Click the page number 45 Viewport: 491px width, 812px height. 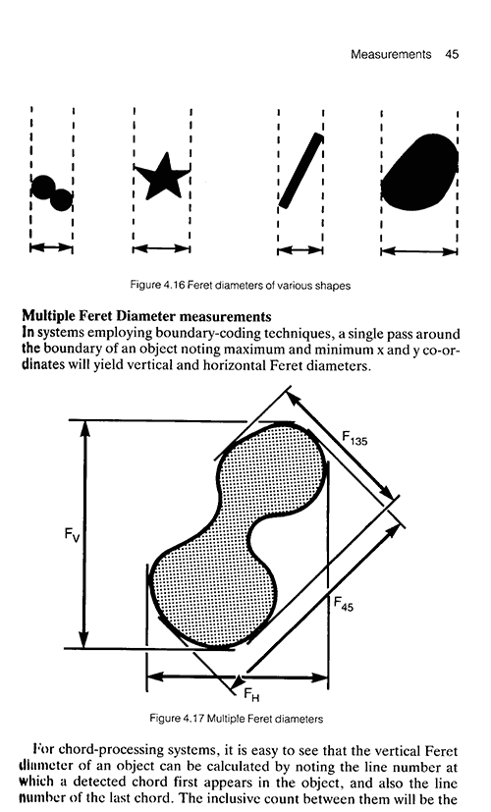[x=451, y=54]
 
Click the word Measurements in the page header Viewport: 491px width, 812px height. [x=391, y=54]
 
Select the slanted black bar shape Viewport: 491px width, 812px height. [x=300, y=171]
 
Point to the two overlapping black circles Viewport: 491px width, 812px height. [x=51, y=193]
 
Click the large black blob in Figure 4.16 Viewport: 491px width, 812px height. [x=419, y=172]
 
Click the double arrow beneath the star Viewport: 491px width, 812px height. [x=162, y=249]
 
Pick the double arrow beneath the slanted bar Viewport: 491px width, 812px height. [x=300, y=250]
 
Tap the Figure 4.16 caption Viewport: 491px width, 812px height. [x=241, y=286]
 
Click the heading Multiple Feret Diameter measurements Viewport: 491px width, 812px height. [x=146, y=316]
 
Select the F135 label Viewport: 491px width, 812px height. [x=355, y=438]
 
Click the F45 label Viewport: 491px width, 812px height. [x=344, y=603]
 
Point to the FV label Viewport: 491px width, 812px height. [x=73, y=534]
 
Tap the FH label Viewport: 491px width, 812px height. [x=251, y=694]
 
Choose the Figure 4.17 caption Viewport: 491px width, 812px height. [x=237, y=719]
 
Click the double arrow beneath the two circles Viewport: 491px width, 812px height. [x=51, y=247]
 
